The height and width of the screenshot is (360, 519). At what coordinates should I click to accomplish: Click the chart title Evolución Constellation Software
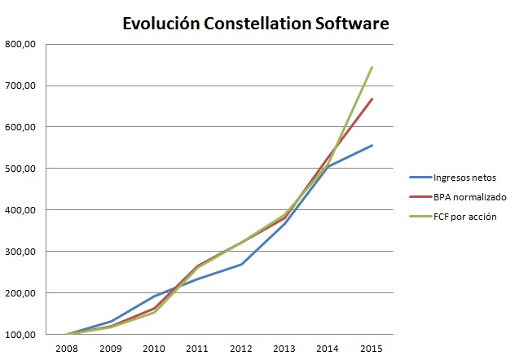pos(256,24)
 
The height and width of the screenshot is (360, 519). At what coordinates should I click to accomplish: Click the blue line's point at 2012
pos(241,264)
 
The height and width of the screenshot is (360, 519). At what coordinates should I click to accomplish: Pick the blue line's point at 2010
pos(154,296)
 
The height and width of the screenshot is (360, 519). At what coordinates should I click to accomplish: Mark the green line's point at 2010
pos(154,312)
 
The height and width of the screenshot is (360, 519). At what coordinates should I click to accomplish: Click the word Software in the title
pos(352,24)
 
